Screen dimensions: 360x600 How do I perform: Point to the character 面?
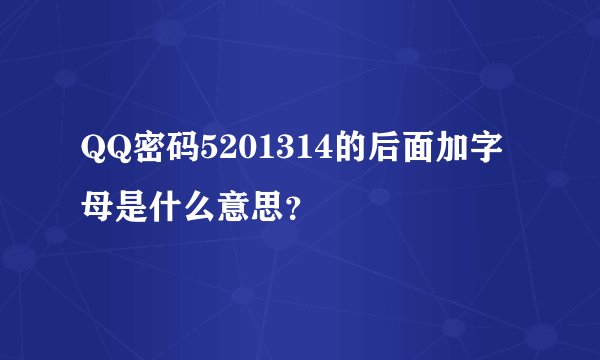coord(413,150)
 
